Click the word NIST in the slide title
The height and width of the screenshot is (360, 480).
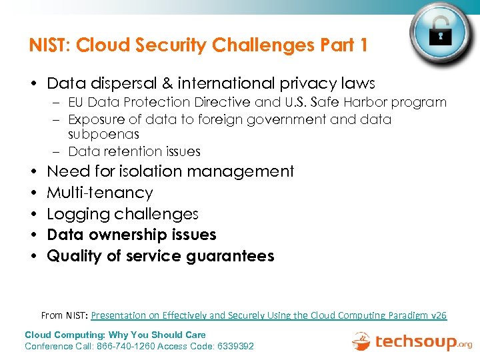[51, 45]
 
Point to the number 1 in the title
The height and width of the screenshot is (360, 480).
[363, 45]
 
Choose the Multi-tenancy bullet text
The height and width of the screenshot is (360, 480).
[100, 193]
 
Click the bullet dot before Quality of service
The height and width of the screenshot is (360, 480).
[33, 256]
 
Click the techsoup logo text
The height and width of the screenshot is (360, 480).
[415, 342]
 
